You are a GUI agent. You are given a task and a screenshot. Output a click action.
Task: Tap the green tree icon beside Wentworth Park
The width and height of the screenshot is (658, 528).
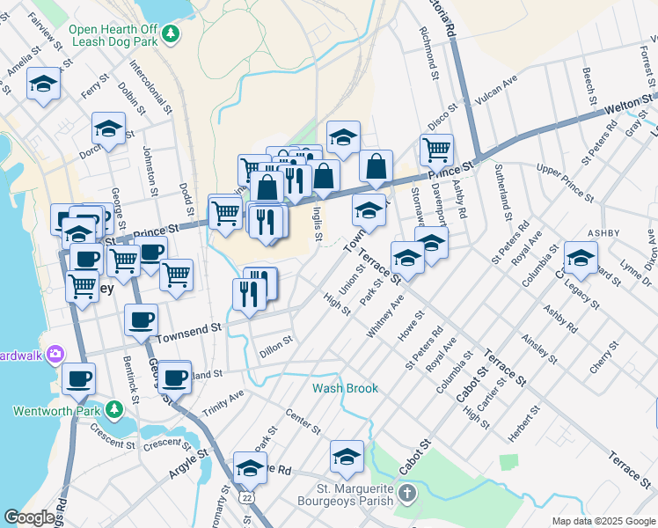[113, 410]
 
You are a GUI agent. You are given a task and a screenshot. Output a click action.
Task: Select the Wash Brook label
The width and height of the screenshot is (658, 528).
[345, 388]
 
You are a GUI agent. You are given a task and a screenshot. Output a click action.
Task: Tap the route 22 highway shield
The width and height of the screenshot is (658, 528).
[247, 497]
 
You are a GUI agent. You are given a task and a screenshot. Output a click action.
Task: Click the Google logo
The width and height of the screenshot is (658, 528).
[30, 517]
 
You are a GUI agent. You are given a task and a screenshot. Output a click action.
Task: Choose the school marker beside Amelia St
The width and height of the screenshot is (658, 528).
[43, 84]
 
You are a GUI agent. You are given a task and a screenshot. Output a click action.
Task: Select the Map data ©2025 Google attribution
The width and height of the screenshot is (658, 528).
[603, 521]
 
